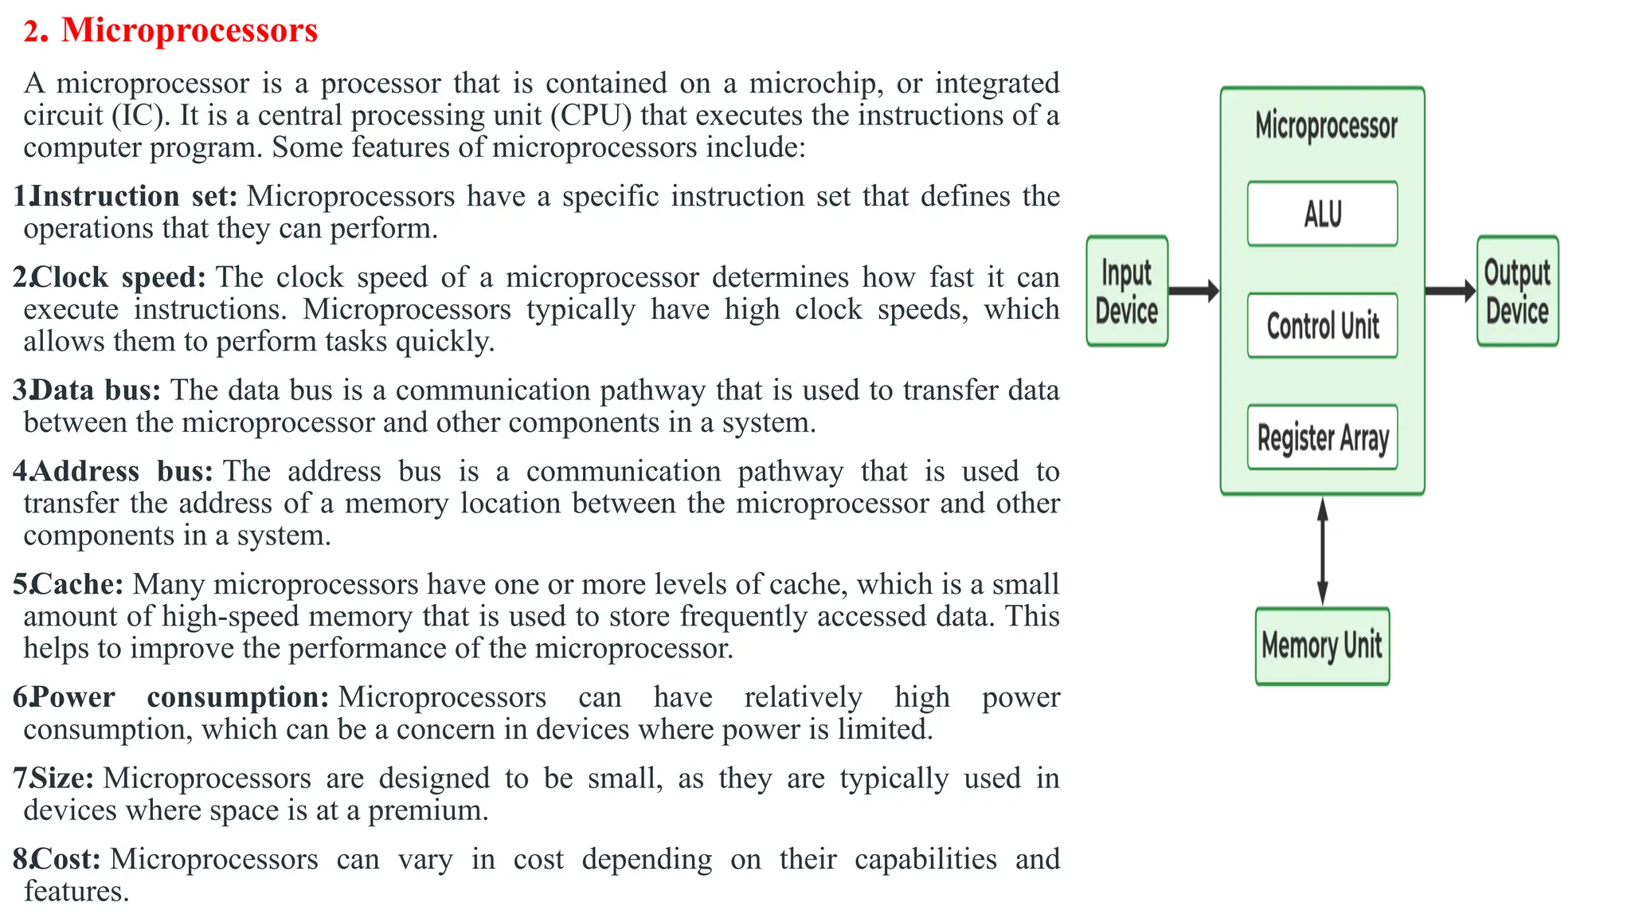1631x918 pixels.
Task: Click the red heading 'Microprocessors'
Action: (189, 30)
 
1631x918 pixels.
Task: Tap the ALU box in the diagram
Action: (1322, 214)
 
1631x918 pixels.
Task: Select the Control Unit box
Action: (1322, 325)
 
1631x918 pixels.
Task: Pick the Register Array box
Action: (1322, 437)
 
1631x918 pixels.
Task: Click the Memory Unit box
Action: (1322, 645)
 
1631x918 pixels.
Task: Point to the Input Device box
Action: (1127, 291)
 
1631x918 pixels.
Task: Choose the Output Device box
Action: (1517, 291)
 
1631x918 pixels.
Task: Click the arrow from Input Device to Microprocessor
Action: (1194, 291)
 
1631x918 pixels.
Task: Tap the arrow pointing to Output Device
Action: (1450, 291)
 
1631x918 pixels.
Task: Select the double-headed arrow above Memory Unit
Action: (1322, 551)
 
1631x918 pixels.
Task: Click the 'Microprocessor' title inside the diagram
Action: (1326, 126)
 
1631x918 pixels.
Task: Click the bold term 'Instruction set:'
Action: (134, 196)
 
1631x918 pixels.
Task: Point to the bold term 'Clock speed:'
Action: (119, 277)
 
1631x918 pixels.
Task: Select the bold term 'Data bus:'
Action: (96, 390)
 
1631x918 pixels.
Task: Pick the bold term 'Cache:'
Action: (78, 584)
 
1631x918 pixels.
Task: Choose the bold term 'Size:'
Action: (63, 779)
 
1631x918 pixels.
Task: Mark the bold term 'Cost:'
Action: (67, 859)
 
